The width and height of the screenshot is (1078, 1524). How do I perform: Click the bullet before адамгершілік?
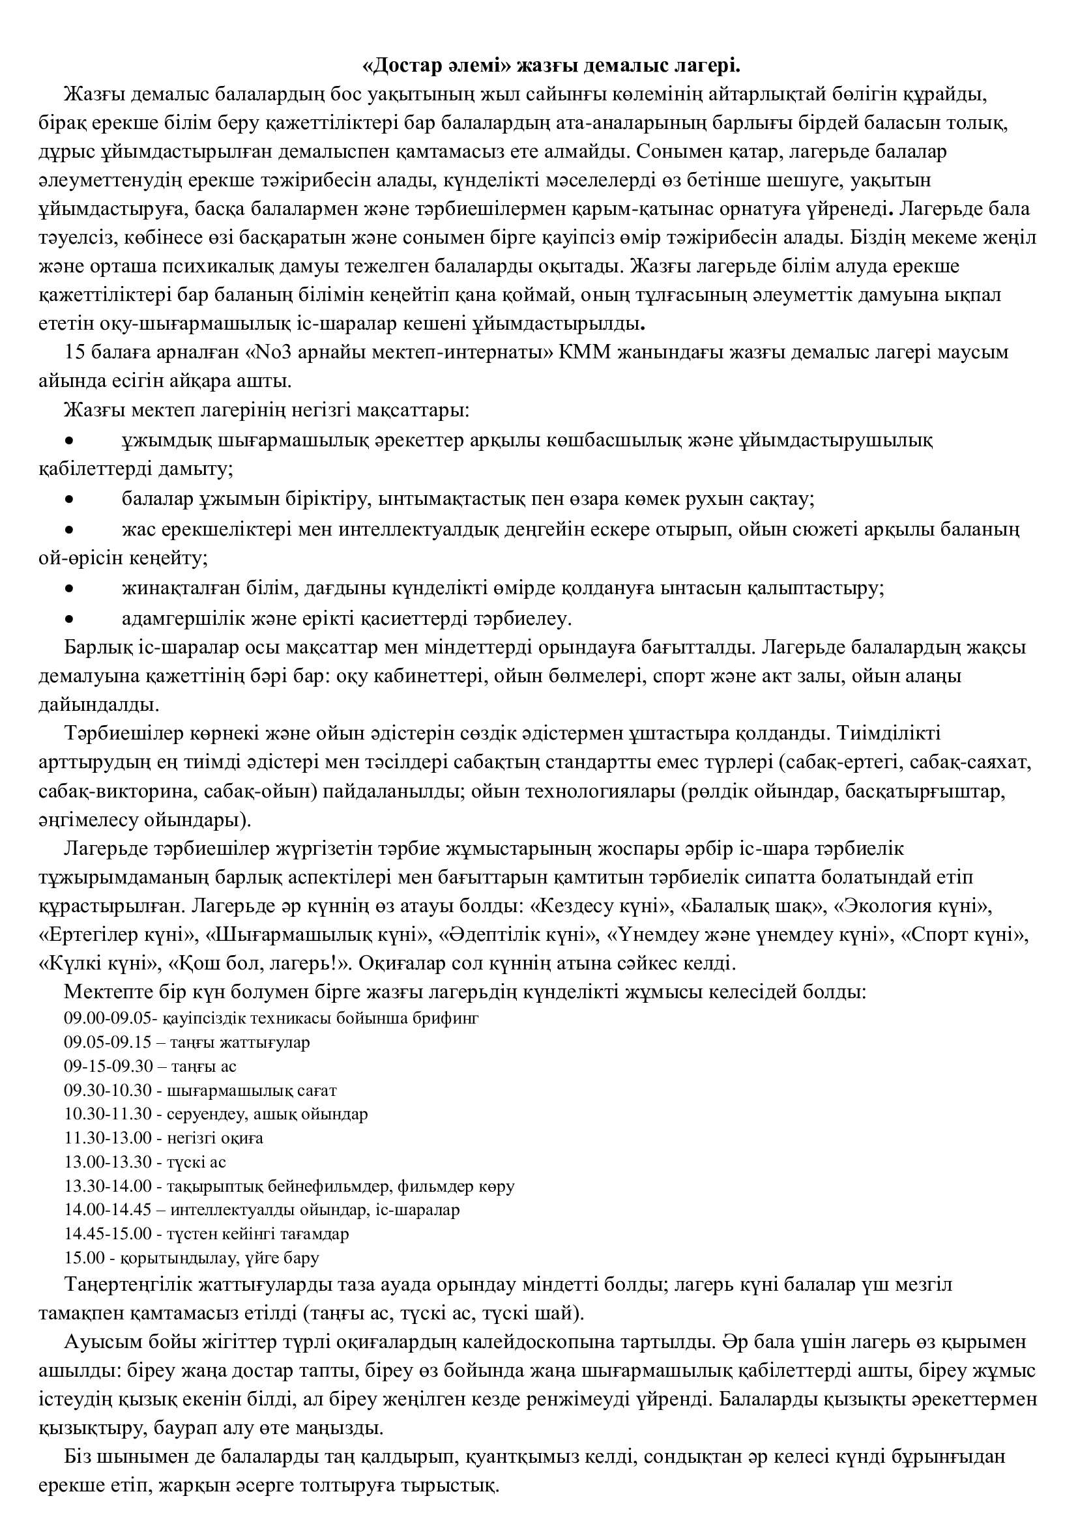[68, 619]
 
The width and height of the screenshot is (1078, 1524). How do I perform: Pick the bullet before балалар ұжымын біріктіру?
[68, 500]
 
